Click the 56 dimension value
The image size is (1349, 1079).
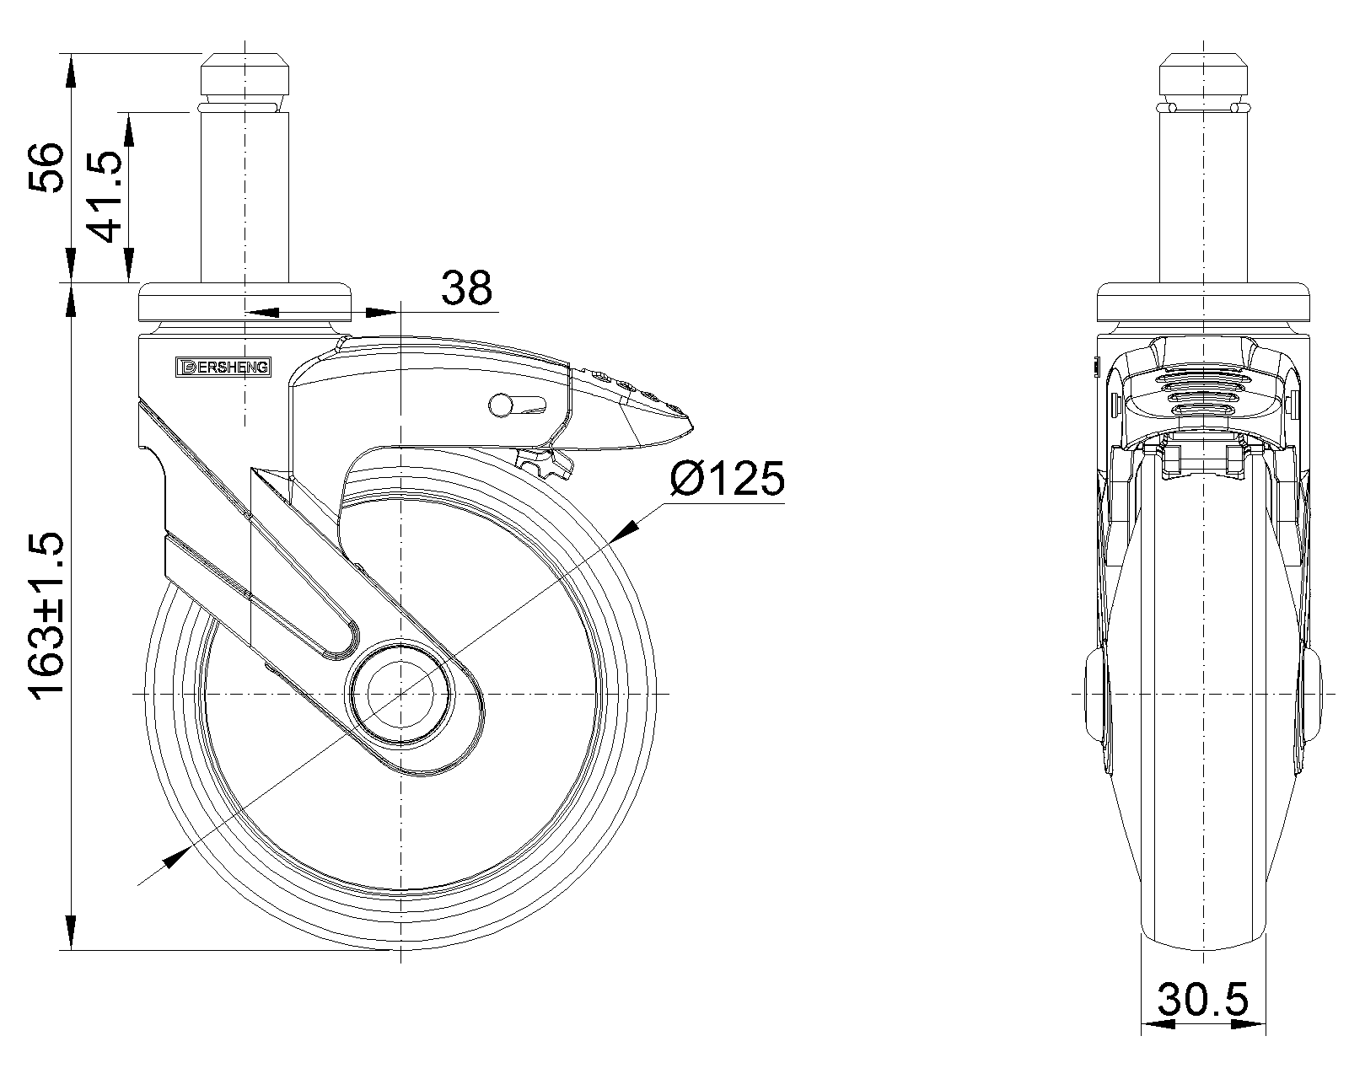(x=46, y=168)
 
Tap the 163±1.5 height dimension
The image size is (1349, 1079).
(x=46, y=614)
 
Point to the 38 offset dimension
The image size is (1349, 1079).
(x=466, y=287)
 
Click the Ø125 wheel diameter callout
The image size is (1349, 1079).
(x=727, y=478)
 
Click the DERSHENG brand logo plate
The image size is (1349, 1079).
(x=223, y=368)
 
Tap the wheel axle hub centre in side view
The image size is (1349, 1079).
(x=400, y=694)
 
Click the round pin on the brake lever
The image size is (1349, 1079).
(x=500, y=405)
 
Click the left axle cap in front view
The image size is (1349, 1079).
(x=1096, y=695)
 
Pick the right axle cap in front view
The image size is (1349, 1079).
(x=1311, y=695)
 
